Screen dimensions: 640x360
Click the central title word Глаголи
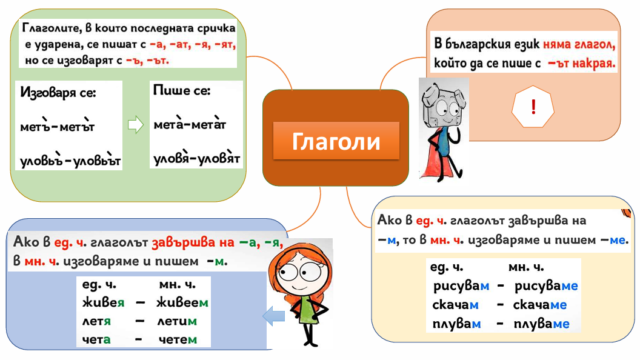coord(336,142)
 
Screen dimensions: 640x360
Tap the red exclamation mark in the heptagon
coord(533,107)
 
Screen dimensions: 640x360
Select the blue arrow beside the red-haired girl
coord(273,316)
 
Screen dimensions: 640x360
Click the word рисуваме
coord(545,286)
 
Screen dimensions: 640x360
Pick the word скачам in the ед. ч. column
coord(455,304)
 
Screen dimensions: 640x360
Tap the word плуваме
coord(541,324)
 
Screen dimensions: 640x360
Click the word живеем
coord(182,302)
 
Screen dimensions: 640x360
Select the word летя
coord(96,321)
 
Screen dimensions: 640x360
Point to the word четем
coord(178,339)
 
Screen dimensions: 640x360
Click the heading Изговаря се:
coord(58,93)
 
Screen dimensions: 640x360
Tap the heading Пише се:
coord(182,90)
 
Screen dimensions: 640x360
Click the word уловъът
coord(97,161)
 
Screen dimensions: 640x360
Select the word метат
coord(208,124)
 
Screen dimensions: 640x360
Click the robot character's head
coord(443,106)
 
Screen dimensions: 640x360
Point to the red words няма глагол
coord(579,44)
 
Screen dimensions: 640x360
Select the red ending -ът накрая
coord(581,63)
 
